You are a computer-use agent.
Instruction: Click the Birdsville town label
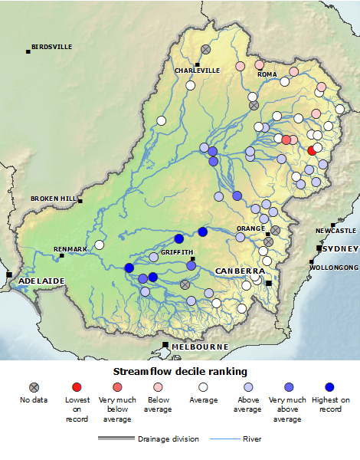coord(52,47)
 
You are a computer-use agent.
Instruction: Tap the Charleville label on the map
coord(197,71)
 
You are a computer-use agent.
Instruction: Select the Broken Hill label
coord(54,199)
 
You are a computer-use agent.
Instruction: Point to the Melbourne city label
coord(200,347)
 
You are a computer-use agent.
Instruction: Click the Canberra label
coord(240,271)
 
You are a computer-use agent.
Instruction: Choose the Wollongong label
coord(334,268)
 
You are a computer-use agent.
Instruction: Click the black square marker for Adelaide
coord(9,274)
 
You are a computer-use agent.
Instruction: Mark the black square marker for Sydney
coord(319,249)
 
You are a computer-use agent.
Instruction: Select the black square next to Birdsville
coord(28,51)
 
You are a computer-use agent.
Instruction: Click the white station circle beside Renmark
coord(99,245)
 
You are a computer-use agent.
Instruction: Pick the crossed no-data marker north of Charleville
coord(205,49)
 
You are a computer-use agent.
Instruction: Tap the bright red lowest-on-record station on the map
coord(312,151)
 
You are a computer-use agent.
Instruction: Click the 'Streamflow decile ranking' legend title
coord(180,371)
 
